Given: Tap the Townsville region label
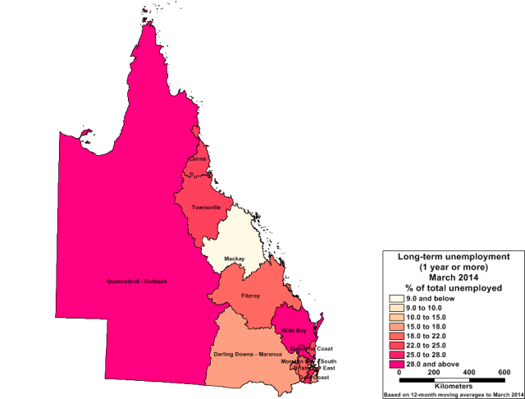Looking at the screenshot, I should pos(205,208).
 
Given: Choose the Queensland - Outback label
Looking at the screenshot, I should pos(137,282).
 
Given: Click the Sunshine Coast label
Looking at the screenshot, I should pos(313,348).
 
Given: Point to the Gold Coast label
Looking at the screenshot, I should pos(315,377).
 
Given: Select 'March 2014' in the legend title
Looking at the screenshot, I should pos(454,277).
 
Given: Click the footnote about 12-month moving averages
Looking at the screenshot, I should pos(454,394).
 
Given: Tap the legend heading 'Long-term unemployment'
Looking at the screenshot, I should pos(454,257).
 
